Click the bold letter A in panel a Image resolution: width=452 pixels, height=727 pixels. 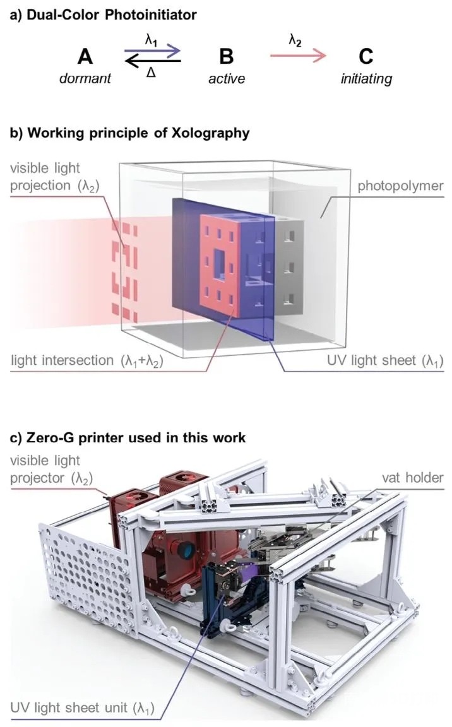85,57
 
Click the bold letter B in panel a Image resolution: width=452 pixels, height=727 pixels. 225,57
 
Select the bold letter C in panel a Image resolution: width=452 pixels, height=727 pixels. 366,57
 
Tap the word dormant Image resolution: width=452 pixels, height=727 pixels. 85,79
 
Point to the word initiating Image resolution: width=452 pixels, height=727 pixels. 366,79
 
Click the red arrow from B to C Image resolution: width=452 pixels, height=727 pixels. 298,57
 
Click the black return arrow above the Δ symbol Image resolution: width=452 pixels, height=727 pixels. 153,61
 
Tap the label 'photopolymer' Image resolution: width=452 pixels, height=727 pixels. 400,186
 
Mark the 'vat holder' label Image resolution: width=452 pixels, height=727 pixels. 413,478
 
